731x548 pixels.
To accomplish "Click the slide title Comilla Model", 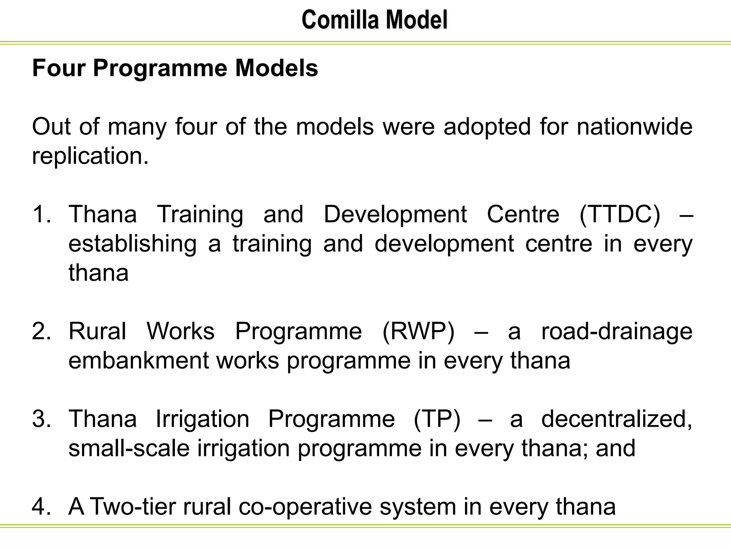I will [374, 20].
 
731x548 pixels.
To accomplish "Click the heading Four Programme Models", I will [175, 68].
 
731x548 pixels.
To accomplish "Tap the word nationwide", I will [634, 127].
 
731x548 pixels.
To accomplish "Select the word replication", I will [90, 156].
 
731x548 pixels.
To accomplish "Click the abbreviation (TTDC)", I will [620, 214].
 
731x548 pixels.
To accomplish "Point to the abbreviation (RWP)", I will [418, 331].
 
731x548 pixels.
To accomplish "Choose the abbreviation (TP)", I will [437, 419].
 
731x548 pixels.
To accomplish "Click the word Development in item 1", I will [395, 214].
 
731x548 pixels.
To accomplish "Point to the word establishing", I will [132, 244].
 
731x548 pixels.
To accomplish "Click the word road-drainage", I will [616, 331].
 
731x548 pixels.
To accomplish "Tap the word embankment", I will [138, 360].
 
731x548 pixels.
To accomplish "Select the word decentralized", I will [616, 419].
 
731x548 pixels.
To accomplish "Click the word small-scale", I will [128, 448].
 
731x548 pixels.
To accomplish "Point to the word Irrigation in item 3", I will [202, 419].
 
